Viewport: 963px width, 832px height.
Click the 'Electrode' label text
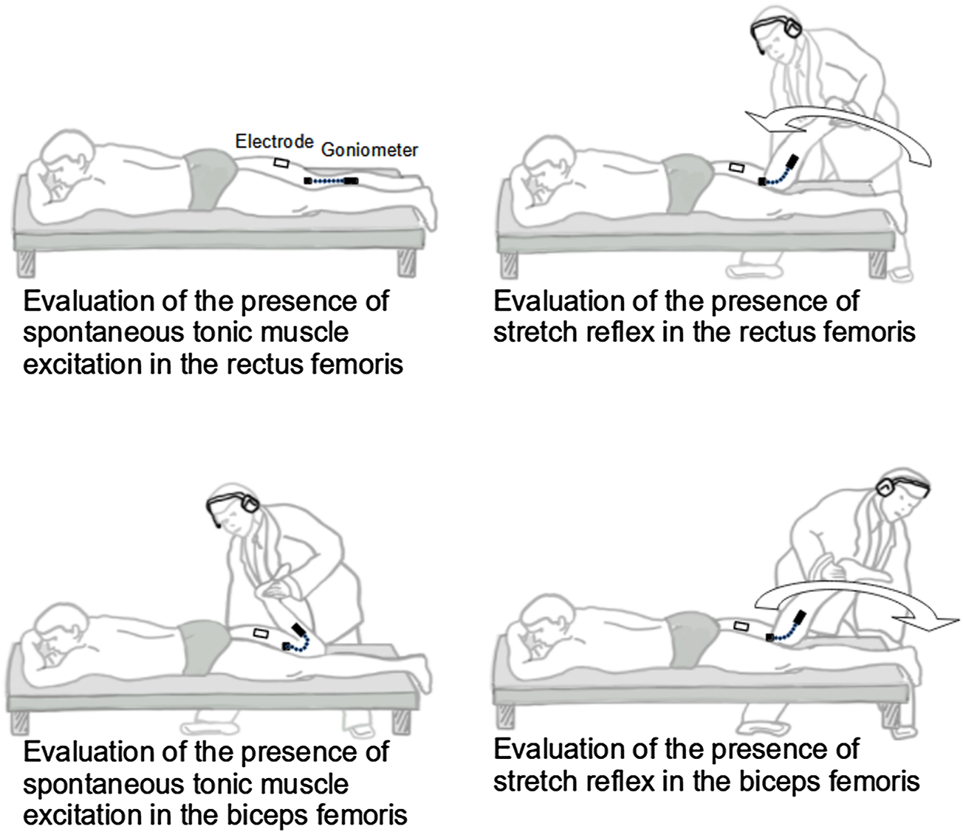tap(274, 141)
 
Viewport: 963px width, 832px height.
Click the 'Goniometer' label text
tap(369, 150)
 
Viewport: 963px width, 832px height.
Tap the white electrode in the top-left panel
tap(281, 162)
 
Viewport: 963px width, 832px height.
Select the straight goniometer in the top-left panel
tap(331, 180)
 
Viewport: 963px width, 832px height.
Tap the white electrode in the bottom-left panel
tap(261, 633)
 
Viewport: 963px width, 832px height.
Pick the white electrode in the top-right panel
tap(737, 168)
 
